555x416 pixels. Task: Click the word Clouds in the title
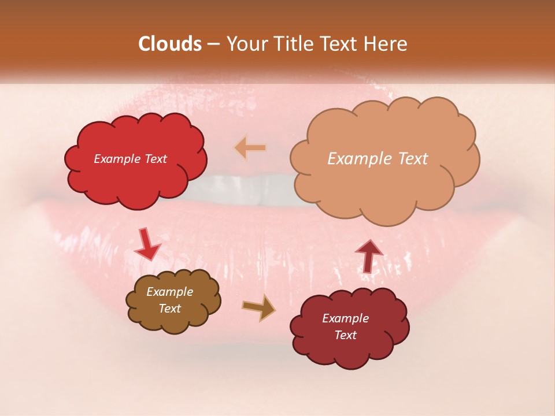[169, 44]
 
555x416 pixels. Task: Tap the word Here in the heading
[386, 44]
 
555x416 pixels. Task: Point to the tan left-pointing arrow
[250, 148]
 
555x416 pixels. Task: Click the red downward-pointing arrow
[147, 245]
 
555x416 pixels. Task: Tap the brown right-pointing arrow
[259, 309]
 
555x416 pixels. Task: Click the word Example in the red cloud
[117, 159]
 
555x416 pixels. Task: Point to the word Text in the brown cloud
[170, 309]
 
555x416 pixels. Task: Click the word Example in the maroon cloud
[345, 318]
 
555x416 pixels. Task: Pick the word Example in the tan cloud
[360, 159]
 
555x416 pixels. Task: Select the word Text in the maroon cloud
[345, 335]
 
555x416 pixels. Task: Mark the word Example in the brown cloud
[170, 292]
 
